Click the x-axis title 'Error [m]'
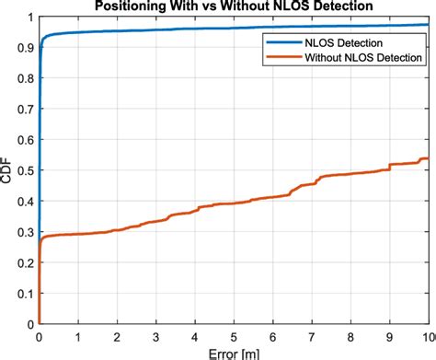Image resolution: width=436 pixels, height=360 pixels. click(x=234, y=352)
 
